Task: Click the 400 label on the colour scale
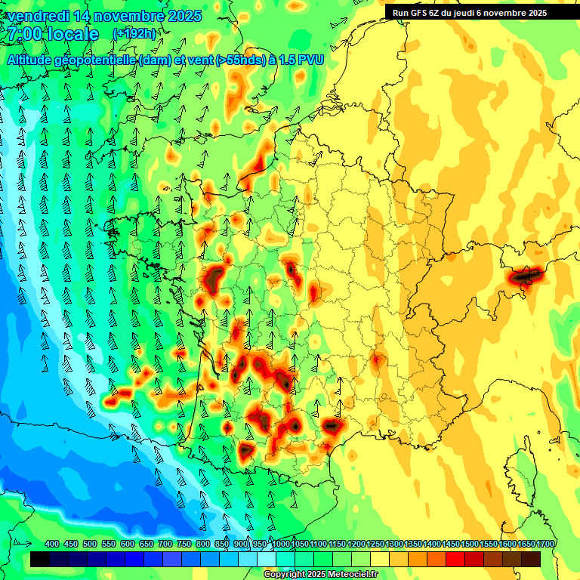pyautogui.click(x=52, y=544)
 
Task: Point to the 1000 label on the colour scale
pyautogui.click(x=281, y=544)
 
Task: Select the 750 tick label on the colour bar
pyautogui.click(x=184, y=544)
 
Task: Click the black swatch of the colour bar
pyautogui.click(x=40, y=560)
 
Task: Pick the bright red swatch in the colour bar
pyautogui.click(x=455, y=560)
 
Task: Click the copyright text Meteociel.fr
pyautogui.click(x=320, y=575)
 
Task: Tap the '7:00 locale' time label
pyautogui.click(x=53, y=34)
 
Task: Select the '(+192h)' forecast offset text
pyautogui.click(x=134, y=34)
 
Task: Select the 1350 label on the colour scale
pyautogui.click(x=413, y=544)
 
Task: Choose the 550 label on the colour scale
pyautogui.click(x=109, y=544)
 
